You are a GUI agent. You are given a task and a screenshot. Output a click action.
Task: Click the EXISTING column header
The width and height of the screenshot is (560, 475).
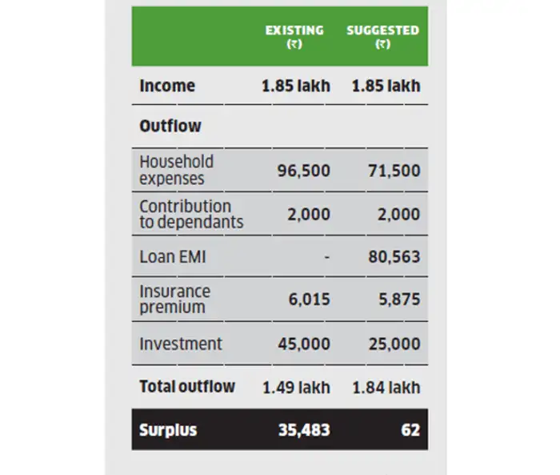coord(294,36)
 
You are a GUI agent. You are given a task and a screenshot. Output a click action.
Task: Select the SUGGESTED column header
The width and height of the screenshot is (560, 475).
coord(382,36)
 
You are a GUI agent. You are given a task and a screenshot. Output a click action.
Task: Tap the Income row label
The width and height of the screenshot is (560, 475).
coord(167,86)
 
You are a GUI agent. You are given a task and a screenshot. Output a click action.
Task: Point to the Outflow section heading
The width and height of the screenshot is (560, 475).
coord(170,126)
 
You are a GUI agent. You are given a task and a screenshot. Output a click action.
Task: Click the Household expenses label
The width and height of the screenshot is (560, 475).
coord(176,170)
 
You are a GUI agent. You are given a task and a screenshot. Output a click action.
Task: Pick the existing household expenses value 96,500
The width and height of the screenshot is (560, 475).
coord(303,171)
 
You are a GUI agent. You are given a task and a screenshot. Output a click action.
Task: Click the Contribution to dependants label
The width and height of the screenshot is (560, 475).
coord(191,214)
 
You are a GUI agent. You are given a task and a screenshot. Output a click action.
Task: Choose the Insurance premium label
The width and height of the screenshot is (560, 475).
coord(175,299)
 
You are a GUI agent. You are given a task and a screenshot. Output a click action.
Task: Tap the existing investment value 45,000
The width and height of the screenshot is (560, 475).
coord(303,344)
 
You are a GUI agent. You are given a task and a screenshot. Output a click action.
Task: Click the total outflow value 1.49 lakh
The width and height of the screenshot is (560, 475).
coord(296,387)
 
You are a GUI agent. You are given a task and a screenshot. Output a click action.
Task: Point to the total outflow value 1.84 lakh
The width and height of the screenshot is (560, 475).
coord(386,387)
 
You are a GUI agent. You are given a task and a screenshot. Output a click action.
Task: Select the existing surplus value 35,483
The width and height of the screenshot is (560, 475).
coord(303,430)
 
